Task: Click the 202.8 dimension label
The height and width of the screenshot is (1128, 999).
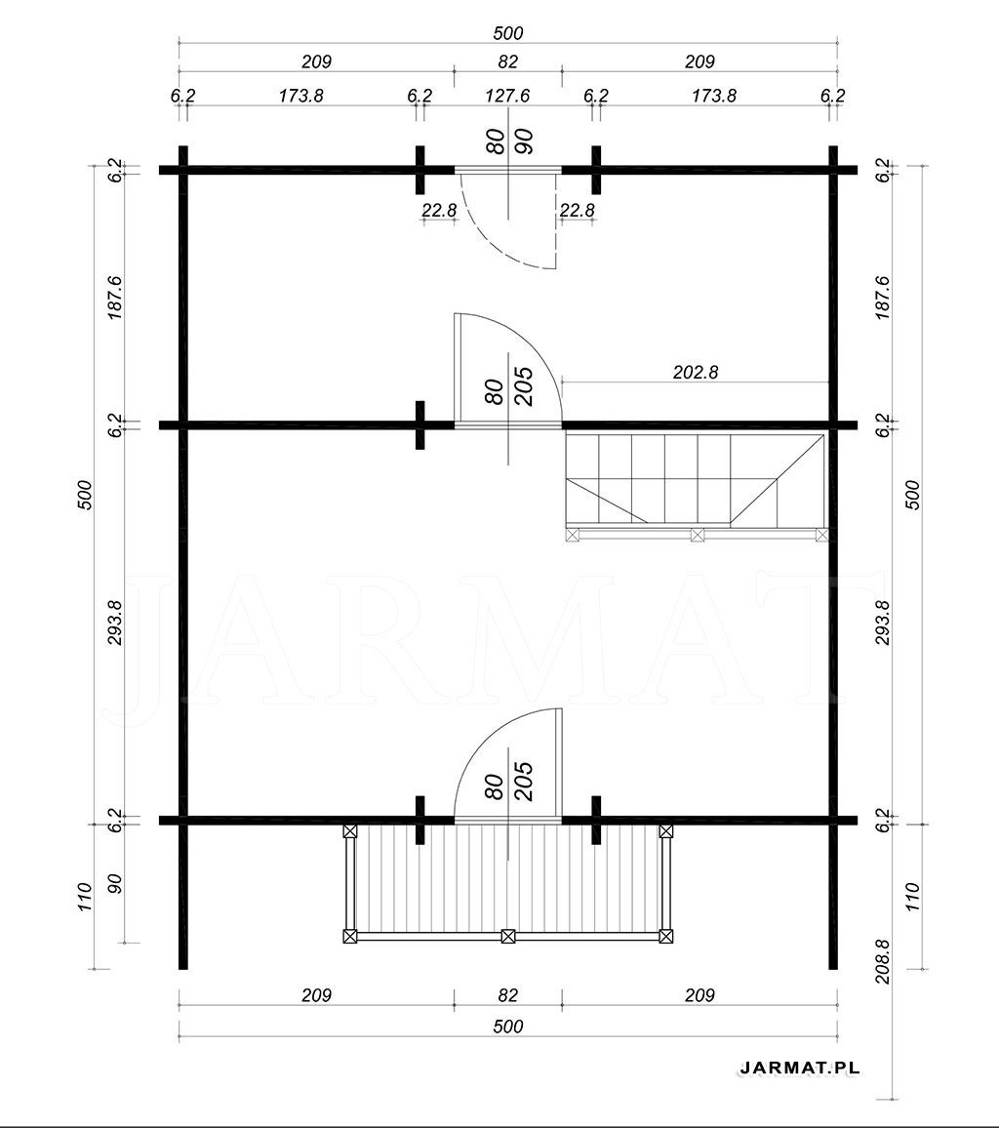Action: pos(696,372)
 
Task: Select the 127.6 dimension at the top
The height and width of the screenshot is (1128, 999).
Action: pos(507,96)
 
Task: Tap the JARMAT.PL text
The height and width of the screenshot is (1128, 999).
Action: pos(799,1068)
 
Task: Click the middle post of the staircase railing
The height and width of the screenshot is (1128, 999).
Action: pos(697,535)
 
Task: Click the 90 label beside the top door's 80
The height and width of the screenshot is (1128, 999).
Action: pos(524,141)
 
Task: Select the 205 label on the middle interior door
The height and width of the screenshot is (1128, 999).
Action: pos(524,386)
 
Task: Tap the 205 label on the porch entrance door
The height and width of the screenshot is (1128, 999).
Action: pos(524,782)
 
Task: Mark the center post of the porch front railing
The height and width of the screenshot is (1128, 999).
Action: pos(507,936)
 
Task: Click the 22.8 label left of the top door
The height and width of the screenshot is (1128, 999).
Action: pos(439,210)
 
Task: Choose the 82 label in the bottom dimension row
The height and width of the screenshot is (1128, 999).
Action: pos(507,995)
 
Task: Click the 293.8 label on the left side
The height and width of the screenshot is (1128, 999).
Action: pos(115,623)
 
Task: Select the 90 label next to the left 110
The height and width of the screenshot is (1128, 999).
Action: pos(115,883)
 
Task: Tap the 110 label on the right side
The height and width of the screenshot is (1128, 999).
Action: pos(912,897)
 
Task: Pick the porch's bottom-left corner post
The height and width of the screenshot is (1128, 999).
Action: pos(349,936)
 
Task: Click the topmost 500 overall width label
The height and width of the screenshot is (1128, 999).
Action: pos(507,33)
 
